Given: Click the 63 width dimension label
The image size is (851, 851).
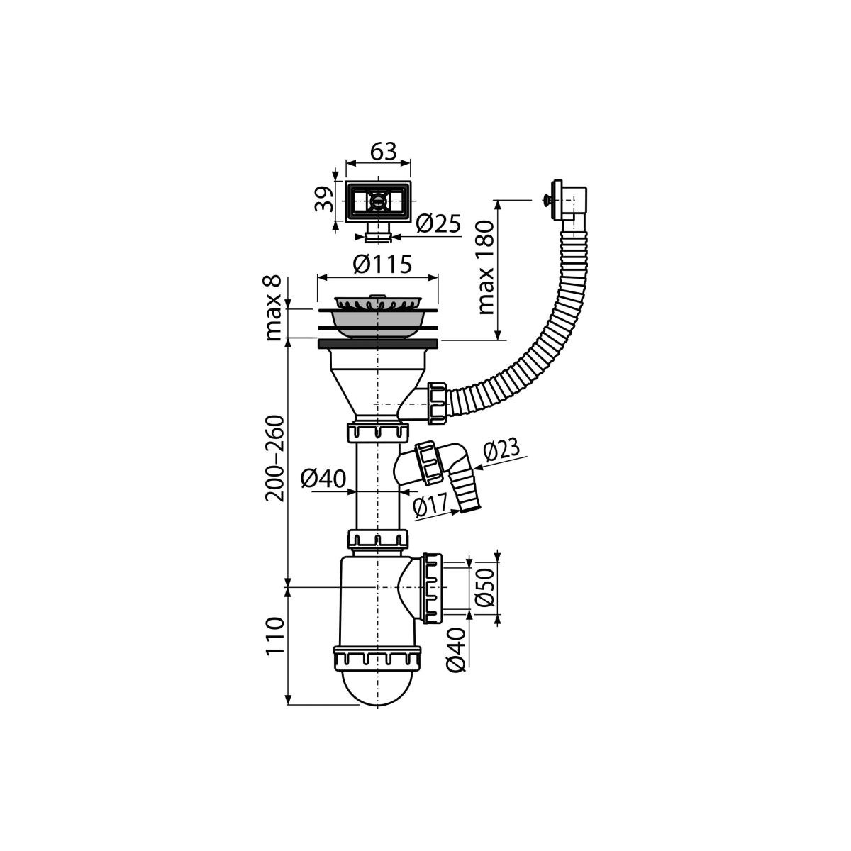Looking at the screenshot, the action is (x=384, y=152).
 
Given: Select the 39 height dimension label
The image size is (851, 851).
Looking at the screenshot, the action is (x=324, y=199).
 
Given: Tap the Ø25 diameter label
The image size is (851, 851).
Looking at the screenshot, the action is (x=438, y=223).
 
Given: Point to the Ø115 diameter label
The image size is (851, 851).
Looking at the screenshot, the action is (x=382, y=264).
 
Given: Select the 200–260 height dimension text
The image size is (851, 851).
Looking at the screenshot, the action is (x=274, y=458).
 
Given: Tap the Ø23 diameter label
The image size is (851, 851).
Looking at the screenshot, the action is (x=501, y=450).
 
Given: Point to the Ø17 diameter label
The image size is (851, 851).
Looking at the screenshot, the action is (x=430, y=504).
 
